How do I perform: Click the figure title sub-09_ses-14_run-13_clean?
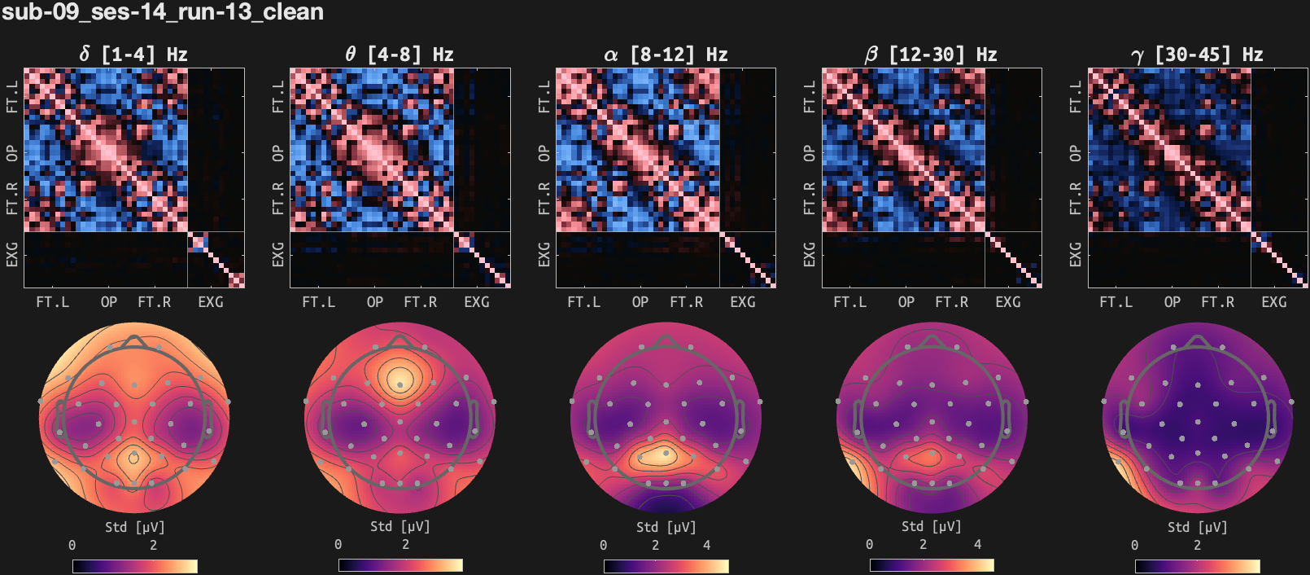[x=163, y=12]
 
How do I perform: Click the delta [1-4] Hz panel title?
[x=133, y=55]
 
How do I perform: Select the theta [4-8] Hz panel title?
[x=399, y=55]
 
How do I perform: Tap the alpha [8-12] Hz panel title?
[x=665, y=55]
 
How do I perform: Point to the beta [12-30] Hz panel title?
[x=931, y=55]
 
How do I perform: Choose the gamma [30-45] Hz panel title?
[x=1197, y=55]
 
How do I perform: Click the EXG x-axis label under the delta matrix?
[x=211, y=302]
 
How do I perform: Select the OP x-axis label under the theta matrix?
[x=375, y=302]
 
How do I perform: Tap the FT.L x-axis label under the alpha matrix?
[x=584, y=302]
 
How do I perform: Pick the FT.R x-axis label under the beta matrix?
[x=952, y=302]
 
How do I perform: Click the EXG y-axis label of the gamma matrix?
[x=1076, y=254]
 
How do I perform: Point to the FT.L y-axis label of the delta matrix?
[x=12, y=96]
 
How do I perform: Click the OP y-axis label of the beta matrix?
[x=810, y=153]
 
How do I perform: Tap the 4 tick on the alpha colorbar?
[x=706, y=545]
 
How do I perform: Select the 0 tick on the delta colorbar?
[x=72, y=545]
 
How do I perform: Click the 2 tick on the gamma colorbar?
[x=1197, y=545]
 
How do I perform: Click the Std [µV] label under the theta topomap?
[x=399, y=527]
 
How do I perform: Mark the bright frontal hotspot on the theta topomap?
[x=400, y=379]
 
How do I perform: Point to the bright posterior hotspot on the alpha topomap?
[x=659, y=456]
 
